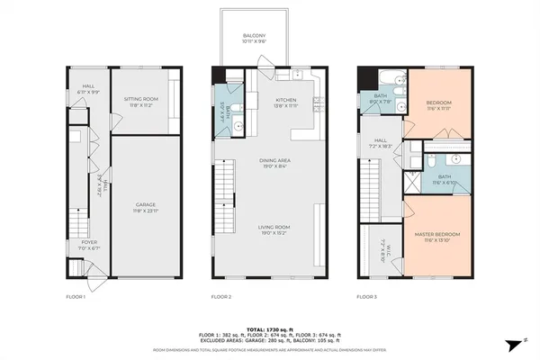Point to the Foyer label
[x=89, y=244]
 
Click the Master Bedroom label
[x=437, y=238]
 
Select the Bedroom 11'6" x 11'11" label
[x=437, y=105]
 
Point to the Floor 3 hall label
[x=381, y=142]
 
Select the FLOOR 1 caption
[x=76, y=296]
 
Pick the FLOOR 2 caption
[x=221, y=296]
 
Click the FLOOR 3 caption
[x=367, y=296]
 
